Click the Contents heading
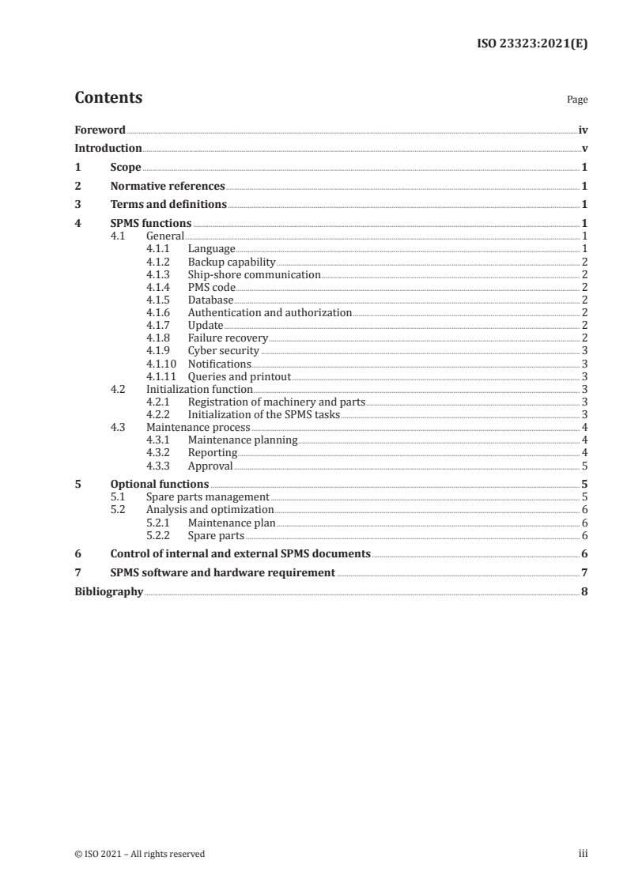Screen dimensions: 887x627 point(108,98)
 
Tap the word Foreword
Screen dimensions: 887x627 point(100,130)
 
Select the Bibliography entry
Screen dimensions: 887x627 point(108,591)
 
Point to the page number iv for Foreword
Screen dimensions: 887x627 point(583,130)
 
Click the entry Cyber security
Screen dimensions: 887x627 point(224,351)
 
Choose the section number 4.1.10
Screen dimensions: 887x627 point(162,364)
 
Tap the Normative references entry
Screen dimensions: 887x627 point(168,187)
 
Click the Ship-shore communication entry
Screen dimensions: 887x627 point(254,275)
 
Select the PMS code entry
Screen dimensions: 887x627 point(211,288)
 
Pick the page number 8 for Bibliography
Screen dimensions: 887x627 point(584,591)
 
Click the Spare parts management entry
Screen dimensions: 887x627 point(208,496)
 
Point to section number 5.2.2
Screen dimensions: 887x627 point(160,535)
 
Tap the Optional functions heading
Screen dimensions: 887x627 point(160,484)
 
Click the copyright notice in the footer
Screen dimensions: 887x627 point(139,854)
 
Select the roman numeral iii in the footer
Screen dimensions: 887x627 point(584,854)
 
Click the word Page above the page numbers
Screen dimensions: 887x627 point(577,100)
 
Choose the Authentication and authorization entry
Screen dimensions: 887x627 point(270,313)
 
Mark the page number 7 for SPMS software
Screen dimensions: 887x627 point(584,572)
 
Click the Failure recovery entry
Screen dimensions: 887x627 point(228,338)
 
